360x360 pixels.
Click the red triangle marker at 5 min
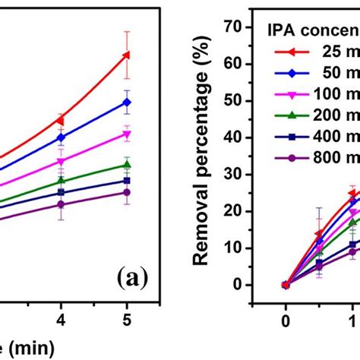127,55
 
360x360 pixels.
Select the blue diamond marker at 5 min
127,102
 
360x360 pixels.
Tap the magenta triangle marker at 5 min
127,134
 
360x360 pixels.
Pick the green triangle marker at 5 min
127,165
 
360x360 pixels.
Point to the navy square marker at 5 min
127,181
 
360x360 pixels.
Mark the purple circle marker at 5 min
127,193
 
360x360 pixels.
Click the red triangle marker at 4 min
61,120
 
